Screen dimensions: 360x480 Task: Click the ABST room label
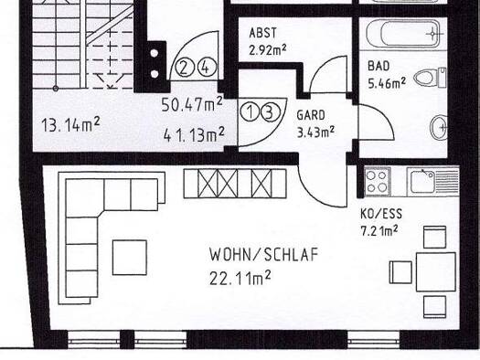pyautogui.click(x=262, y=32)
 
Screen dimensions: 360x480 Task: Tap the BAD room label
pyautogui.click(x=379, y=67)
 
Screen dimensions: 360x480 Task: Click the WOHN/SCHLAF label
pyautogui.click(x=263, y=254)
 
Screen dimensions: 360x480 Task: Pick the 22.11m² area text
pyautogui.click(x=243, y=274)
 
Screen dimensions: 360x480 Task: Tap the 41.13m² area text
pyautogui.click(x=194, y=135)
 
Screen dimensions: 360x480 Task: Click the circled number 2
pyautogui.click(x=185, y=67)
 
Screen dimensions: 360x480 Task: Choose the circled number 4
pyautogui.click(x=205, y=67)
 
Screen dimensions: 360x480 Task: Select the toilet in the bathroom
pyautogui.click(x=430, y=79)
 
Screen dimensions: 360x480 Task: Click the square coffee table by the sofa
pyautogui.click(x=129, y=257)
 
